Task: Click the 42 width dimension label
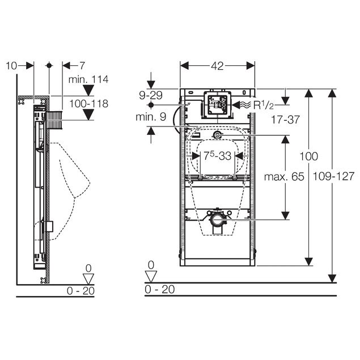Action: tap(217, 66)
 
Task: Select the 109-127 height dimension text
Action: tap(333, 176)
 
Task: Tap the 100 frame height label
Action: tap(309, 156)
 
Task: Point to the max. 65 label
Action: tap(284, 177)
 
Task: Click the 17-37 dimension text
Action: tap(285, 120)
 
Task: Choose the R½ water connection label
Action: tap(264, 105)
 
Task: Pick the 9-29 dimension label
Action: tap(151, 95)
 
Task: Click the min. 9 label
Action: tap(151, 117)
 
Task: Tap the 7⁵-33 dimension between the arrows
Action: tap(218, 156)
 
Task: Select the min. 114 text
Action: tap(88, 79)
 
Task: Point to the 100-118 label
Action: tap(88, 104)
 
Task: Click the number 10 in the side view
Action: tap(11, 66)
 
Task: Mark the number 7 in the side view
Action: tap(82, 66)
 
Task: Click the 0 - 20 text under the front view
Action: tap(159, 289)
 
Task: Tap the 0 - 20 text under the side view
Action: tap(81, 291)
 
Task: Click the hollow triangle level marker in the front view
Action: tap(151, 277)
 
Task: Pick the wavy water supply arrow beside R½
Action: tap(242, 105)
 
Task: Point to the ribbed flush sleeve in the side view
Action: tap(54, 120)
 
